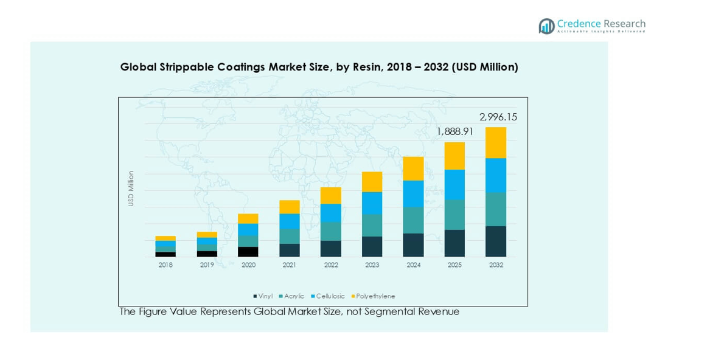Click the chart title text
coord(319,67)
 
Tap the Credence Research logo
coord(591,26)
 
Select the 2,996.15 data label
coord(498,117)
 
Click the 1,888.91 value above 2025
coord(455,131)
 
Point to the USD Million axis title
coord(131,189)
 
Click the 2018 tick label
coord(165,265)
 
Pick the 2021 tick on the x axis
coord(290,265)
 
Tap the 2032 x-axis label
coord(496,265)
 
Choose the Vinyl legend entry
coord(263,296)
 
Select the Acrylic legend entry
coord(291,296)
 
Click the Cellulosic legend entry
coord(329,296)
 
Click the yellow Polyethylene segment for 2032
coord(496,142)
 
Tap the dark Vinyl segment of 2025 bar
coord(454,243)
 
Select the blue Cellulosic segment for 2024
coord(413,193)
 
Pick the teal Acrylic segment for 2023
coord(372,225)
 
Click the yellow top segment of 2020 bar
coord(248,218)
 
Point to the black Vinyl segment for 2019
coord(207,254)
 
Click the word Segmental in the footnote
coord(395,312)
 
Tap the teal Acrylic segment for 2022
coord(331,231)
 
